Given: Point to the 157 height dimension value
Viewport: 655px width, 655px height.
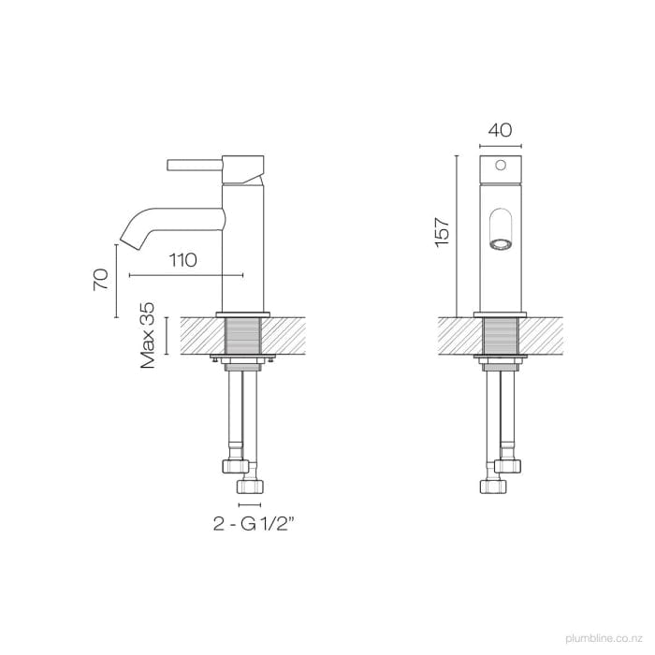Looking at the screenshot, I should click(443, 231).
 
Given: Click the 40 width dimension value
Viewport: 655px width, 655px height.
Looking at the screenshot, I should click(500, 131).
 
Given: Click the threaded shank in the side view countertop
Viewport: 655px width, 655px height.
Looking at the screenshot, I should click(242, 335).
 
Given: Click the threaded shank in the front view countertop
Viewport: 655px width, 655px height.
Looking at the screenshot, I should click(500, 335).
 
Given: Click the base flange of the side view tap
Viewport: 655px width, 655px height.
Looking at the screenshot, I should click(242, 313).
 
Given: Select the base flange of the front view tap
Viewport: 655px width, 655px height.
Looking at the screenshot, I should click(500, 313).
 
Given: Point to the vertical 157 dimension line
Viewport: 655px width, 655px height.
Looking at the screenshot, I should click(456, 234).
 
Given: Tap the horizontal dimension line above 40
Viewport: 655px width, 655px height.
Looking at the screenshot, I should click(500, 148).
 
